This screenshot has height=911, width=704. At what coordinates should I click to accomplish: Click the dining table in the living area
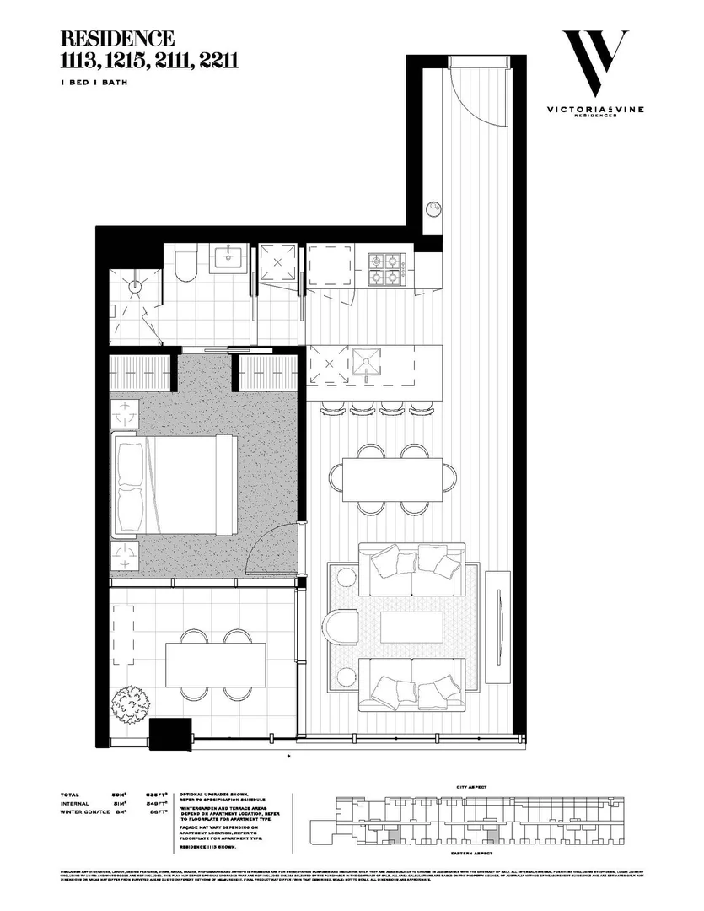tap(392, 478)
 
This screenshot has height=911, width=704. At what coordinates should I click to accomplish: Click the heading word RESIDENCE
tap(117, 38)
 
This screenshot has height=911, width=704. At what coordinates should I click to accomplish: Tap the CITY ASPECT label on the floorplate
tap(472, 786)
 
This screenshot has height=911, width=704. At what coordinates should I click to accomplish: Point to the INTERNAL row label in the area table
tap(77, 804)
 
